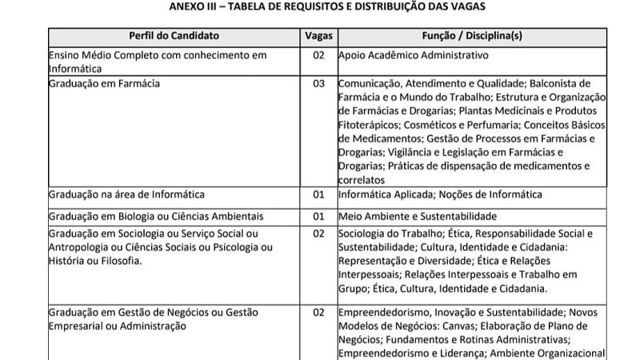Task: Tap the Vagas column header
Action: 318,36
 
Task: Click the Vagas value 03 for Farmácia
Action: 318,82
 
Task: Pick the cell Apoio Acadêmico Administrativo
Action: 413,55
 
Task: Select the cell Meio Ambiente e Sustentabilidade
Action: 418,215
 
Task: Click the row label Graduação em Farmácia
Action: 104,82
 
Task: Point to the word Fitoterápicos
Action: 370,124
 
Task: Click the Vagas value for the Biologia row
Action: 318,215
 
